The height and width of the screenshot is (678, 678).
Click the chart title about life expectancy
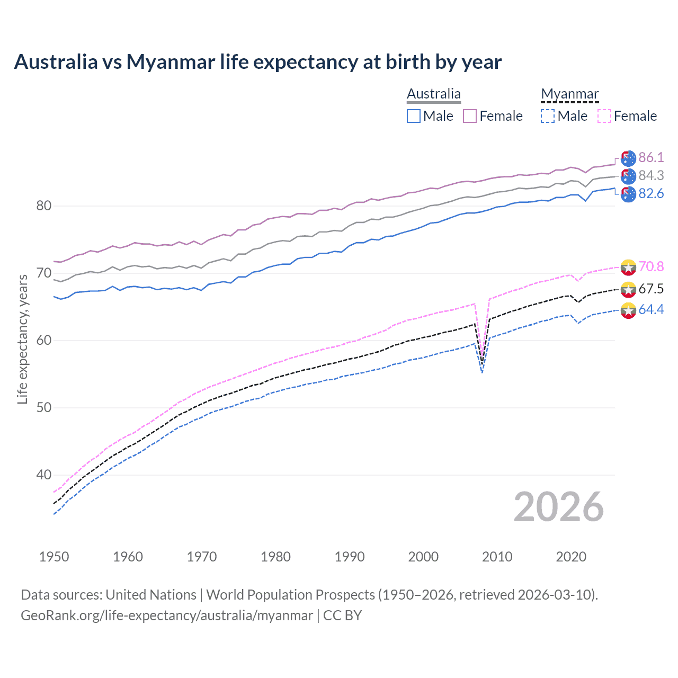point(257,62)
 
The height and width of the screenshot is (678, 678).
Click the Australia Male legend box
point(414,116)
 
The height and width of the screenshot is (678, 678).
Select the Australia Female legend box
point(470,116)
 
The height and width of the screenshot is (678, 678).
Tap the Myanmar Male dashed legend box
point(548,116)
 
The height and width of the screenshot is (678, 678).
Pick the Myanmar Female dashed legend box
point(604,116)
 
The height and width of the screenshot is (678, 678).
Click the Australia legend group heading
point(434,94)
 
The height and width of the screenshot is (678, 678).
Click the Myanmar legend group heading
point(569,94)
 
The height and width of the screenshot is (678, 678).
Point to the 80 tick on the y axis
point(43,206)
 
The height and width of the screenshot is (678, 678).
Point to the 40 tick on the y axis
point(43,475)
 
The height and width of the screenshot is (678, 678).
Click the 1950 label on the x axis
point(54,557)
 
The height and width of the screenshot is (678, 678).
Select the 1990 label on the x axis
point(350,557)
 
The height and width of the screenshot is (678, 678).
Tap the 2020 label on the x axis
point(571,557)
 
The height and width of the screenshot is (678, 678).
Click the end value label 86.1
point(651,157)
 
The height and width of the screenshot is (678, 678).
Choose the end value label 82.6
point(651,194)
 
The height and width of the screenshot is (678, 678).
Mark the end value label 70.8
point(651,266)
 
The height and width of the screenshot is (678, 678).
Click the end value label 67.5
point(651,289)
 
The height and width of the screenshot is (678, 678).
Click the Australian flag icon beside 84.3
point(628,176)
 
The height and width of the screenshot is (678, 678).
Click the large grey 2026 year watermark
point(558,507)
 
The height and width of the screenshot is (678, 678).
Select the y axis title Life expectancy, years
point(23,339)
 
